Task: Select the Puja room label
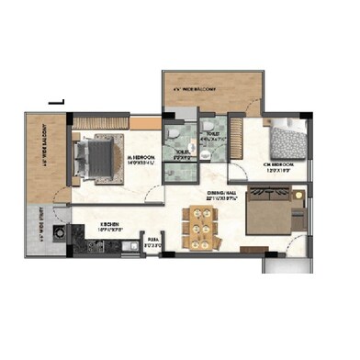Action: [152, 242]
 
